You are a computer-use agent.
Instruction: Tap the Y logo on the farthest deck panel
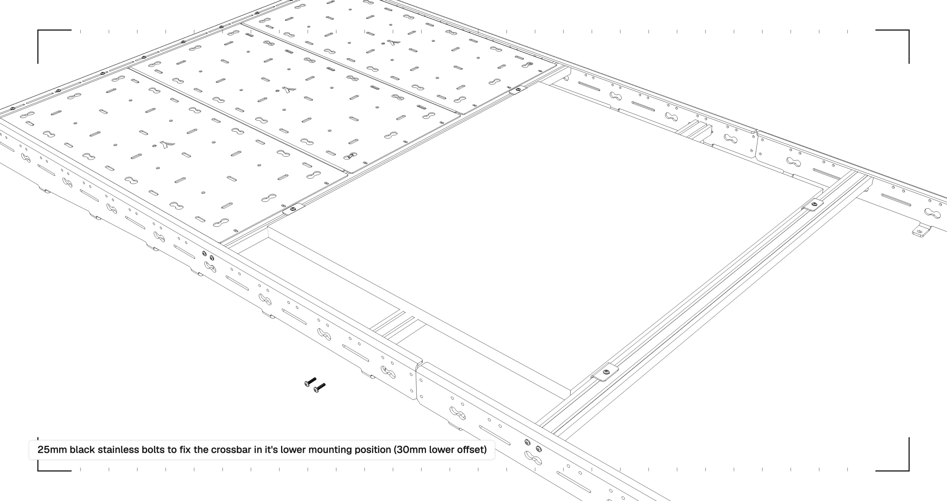point(394,43)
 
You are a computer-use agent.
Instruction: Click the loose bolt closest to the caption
point(319,388)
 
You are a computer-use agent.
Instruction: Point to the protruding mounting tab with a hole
point(920,231)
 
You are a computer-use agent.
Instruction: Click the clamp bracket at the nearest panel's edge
point(293,210)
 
